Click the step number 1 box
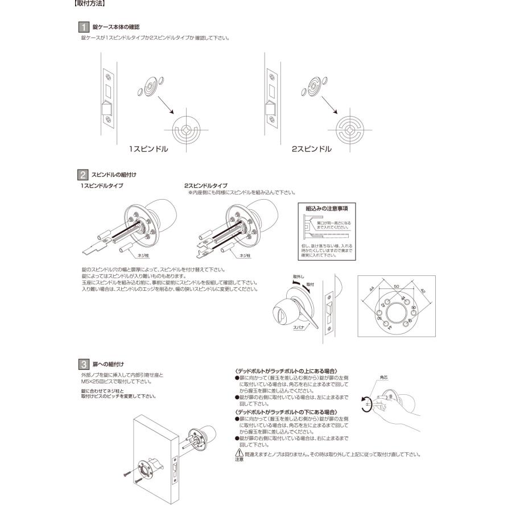tap(82, 27)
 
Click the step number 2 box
tap(82, 175)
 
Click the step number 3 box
tap(82, 363)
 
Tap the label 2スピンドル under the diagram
tap(312, 149)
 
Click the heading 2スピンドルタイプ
tap(206, 185)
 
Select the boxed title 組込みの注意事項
tap(327, 209)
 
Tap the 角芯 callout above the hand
tap(384, 377)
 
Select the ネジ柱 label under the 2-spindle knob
tap(246, 256)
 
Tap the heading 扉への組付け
tap(108, 363)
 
